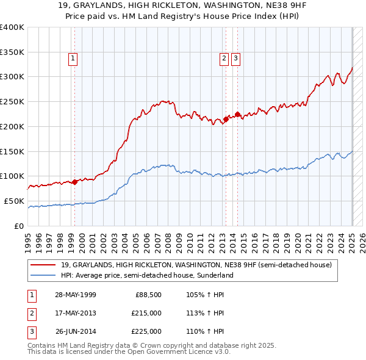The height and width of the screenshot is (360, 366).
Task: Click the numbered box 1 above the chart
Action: pyautogui.click(x=73, y=59)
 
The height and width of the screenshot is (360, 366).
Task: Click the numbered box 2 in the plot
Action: pyautogui.click(x=224, y=59)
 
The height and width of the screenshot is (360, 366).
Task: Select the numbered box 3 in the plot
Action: pyautogui.click(x=235, y=59)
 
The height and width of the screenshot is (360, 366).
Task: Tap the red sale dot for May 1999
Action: pyautogui.click(x=74, y=181)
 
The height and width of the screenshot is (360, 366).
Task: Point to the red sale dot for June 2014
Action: pyautogui.click(x=237, y=114)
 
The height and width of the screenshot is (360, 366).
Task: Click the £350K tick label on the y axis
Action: pyautogui.click(x=12, y=52)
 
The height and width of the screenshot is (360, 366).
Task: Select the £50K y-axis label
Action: pyautogui.click(x=14, y=201)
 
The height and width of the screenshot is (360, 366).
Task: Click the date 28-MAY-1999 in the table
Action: pyautogui.click(x=76, y=295)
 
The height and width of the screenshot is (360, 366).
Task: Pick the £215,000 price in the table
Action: pyautogui.click(x=147, y=313)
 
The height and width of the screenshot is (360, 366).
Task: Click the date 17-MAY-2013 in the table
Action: pyautogui.click(x=76, y=313)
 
